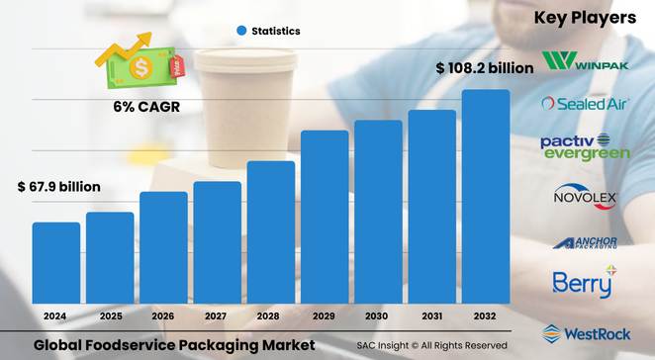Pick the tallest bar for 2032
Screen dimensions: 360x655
coord(486,197)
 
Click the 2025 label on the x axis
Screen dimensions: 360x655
coord(109,315)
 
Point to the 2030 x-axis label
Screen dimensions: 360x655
coord(378,315)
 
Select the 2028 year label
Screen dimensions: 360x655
coord(270,315)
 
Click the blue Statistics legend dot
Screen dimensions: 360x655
coord(240,32)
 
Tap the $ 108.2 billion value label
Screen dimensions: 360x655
coord(485,68)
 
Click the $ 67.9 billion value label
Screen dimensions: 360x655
coord(58,187)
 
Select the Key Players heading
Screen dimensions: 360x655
coord(585,18)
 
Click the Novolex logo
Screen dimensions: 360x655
coord(585,197)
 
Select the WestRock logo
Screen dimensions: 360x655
coord(585,333)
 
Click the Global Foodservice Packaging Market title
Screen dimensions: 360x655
coord(174,345)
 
